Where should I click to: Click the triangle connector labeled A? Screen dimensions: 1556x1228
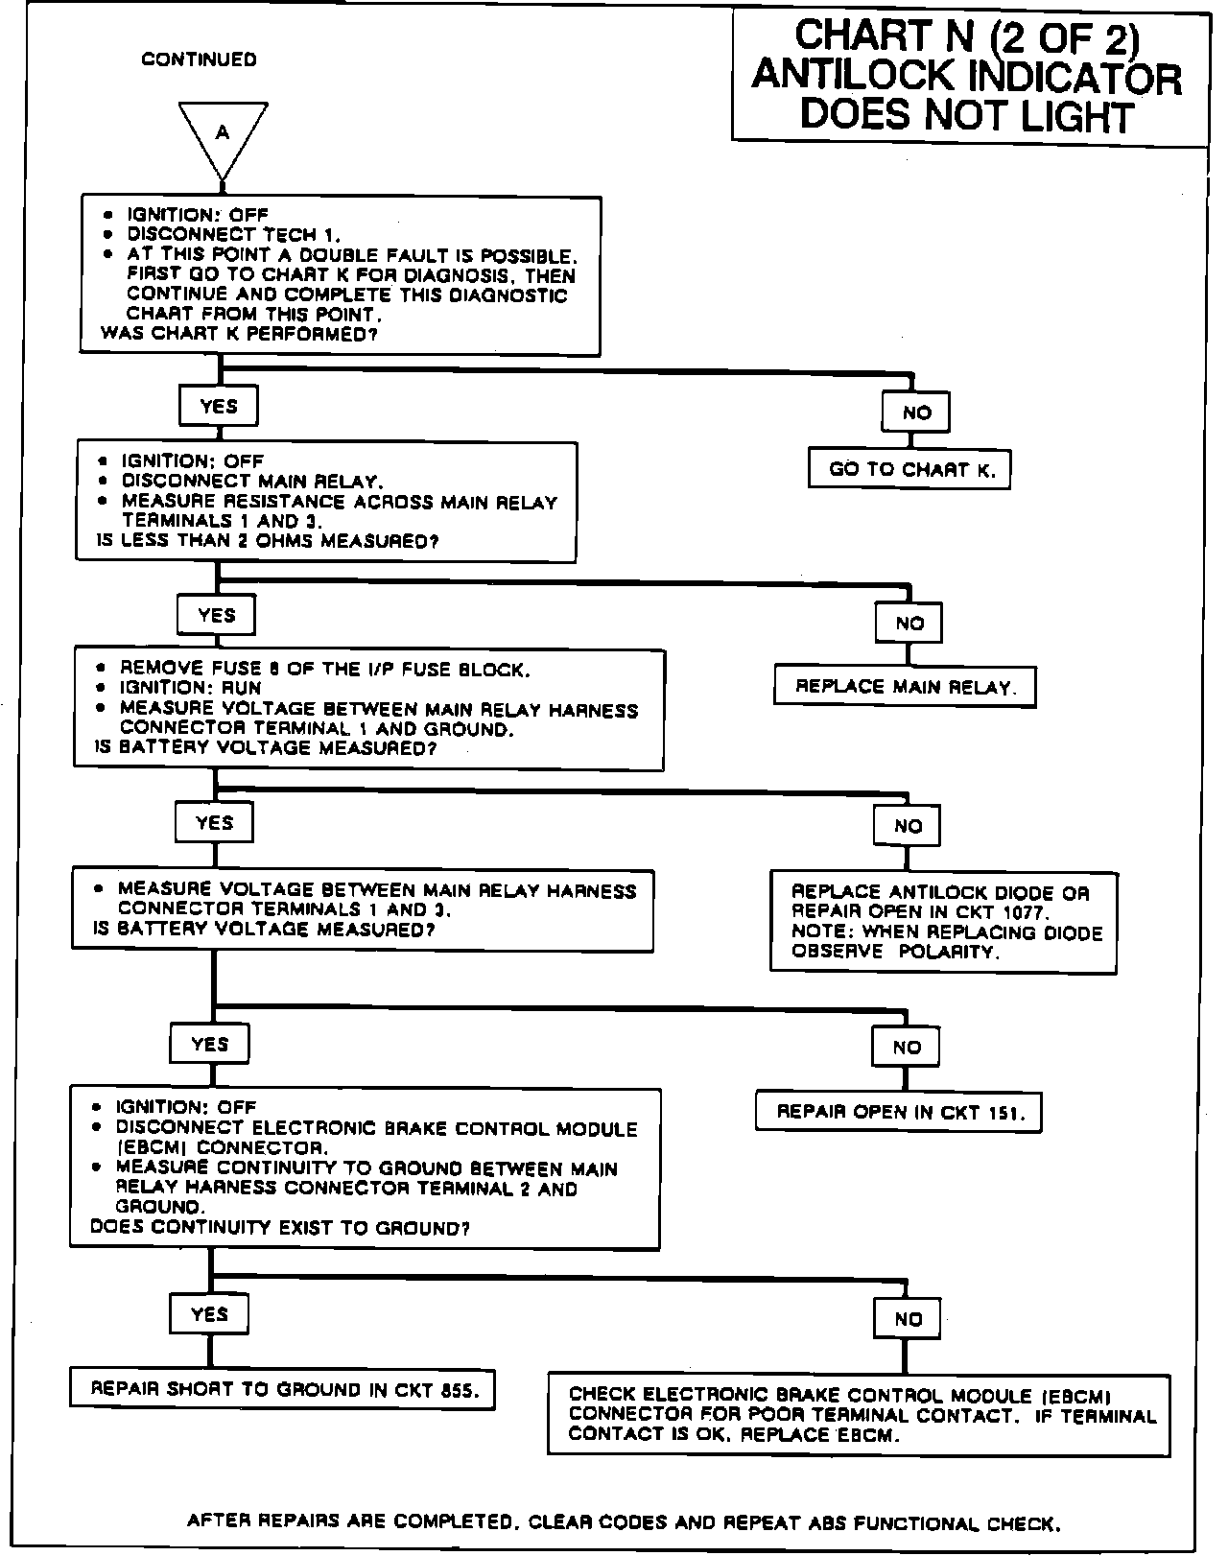point(223,135)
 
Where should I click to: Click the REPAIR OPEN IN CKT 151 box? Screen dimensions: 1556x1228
point(900,1113)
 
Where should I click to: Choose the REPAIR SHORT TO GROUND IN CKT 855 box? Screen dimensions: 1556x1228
point(283,1388)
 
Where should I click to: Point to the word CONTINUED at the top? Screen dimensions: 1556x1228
point(200,59)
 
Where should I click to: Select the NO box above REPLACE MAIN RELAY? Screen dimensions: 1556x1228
point(909,623)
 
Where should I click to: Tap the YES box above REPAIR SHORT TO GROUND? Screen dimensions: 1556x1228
point(209,1314)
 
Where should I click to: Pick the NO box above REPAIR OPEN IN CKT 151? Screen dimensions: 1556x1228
point(907,1047)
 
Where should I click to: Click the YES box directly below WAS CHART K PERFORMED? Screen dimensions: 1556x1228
point(219,406)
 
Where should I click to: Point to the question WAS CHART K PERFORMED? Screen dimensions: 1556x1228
point(239,335)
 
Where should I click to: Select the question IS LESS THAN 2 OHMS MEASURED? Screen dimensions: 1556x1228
point(269,541)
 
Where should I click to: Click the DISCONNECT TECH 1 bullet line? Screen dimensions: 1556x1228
point(234,235)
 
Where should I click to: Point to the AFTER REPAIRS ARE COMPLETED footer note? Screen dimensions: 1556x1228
point(624,1521)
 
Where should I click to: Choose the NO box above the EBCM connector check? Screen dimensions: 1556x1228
point(908,1319)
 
